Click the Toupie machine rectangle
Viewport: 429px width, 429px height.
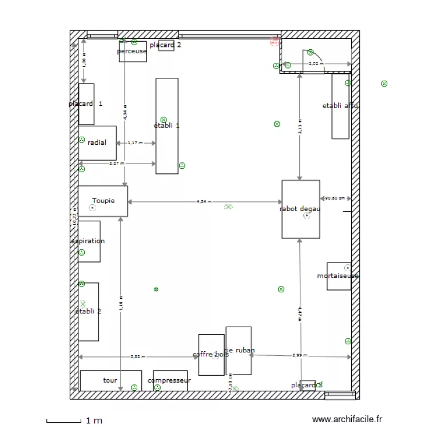point(103,201)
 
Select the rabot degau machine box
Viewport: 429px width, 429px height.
point(300,209)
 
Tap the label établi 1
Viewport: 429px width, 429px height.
point(166,125)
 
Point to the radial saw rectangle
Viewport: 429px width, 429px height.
point(97,143)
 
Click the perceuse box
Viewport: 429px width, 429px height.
point(132,51)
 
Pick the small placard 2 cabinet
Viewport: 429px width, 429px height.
point(166,46)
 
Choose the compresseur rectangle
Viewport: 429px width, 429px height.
point(170,380)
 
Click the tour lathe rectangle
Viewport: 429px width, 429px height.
point(110,380)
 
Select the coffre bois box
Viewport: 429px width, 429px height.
point(211,355)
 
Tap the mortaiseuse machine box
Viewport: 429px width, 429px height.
point(339,276)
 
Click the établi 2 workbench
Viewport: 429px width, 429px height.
point(89,311)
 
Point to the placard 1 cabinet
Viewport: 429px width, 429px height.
point(86,104)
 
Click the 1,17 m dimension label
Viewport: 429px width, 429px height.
point(136,143)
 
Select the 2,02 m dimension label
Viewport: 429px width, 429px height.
point(315,63)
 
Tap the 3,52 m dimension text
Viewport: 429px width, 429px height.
point(137,356)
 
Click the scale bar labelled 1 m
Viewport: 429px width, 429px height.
point(64,422)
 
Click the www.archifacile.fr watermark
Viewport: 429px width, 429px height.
point(347,420)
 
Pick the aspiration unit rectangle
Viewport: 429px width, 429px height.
point(89,241)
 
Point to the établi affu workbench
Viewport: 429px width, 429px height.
point(340,106)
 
